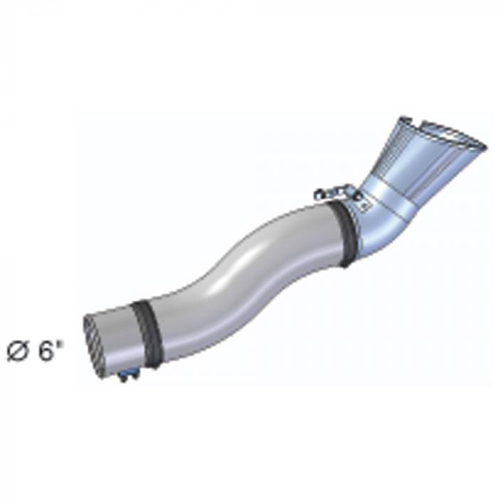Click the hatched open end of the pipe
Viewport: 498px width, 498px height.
(x=95, y=348)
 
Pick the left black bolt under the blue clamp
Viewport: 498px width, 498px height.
(x=122, y=378)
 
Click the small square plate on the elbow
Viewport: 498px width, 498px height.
(x=364, y=206)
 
